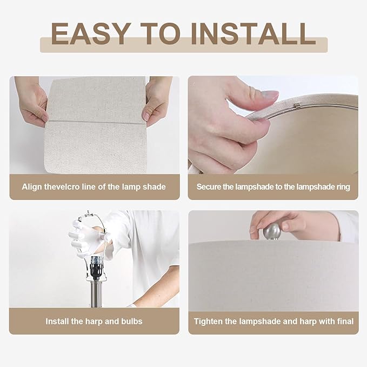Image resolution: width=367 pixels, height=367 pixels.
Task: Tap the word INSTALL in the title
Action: point(253,34)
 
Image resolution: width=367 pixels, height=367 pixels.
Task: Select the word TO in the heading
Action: point(161,34)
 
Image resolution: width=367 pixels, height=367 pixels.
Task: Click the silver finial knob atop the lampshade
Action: point(272,231)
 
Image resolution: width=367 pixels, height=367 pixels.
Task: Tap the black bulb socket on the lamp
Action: point(96,268)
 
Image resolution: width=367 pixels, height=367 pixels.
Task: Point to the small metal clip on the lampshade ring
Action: point(297,106)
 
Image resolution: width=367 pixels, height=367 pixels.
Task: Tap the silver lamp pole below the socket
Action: point(96,293)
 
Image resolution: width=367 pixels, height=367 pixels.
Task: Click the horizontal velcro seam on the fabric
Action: point(96,122)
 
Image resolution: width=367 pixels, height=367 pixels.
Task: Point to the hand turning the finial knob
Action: point(292,225)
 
